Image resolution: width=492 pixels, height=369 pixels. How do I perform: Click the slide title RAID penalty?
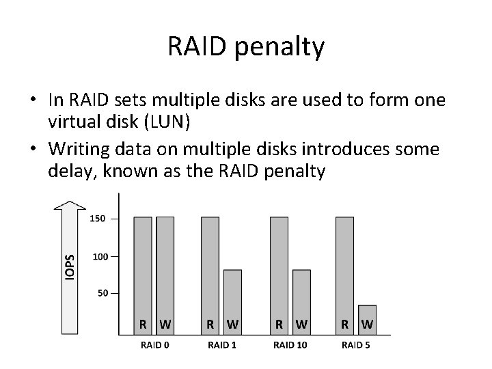pyautogui.click(x=246, y=47)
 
